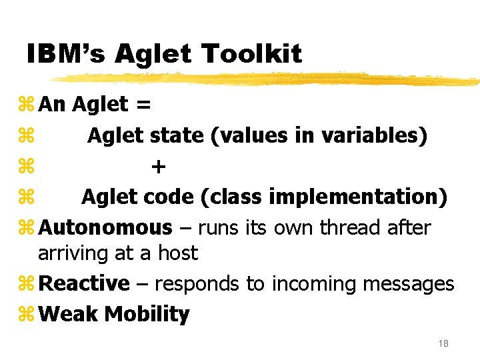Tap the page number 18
[x=443, y=343]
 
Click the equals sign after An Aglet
[x=142, y=105]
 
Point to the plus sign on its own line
[x=157, y=166]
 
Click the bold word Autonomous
[x=105, y=227]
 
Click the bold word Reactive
[x=84, y=284]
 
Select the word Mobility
[x=147, y=314]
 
